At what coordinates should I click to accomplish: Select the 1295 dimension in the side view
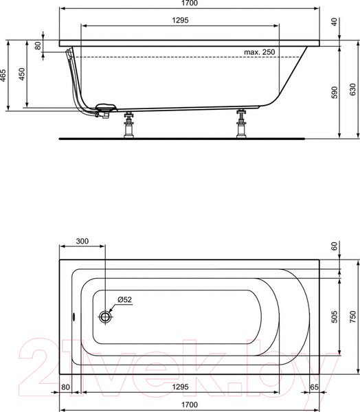coord(180,21)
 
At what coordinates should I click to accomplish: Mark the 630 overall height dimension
coord(352,89)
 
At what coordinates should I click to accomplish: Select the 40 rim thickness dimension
coord(335,22)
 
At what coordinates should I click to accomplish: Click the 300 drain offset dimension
coord(82,242)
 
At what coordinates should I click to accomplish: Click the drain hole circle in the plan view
coord(106,317)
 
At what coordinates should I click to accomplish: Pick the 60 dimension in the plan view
coord(335,246)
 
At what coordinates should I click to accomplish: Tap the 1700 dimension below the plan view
coord(180,404)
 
